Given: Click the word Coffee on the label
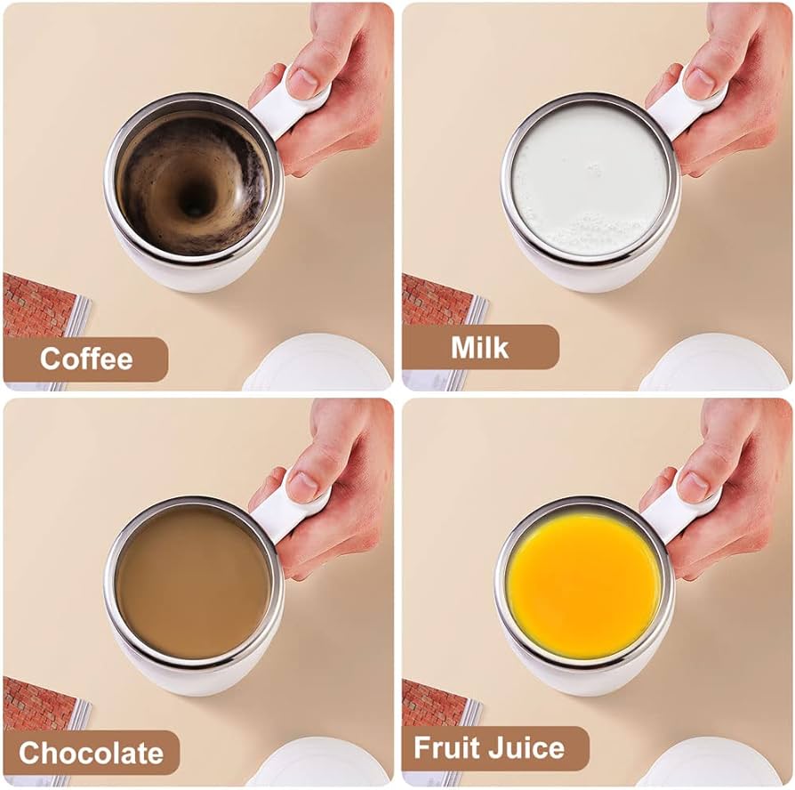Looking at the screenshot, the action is click(x=86, y=359).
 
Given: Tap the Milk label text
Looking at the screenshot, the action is click(x=479, y=348).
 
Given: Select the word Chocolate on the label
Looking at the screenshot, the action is click(x=92, y=753).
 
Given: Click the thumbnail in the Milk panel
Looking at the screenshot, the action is click(x=700, y=80).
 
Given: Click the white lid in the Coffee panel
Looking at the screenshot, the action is click(x=318, y=364).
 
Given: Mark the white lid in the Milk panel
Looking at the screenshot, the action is click(x=715, y=363).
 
